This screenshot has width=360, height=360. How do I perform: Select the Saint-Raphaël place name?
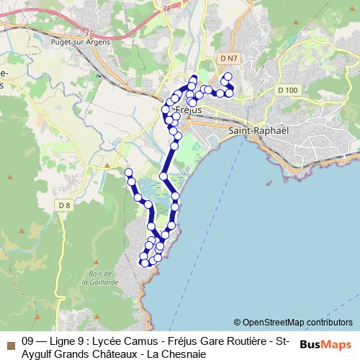click(x=258, y=131)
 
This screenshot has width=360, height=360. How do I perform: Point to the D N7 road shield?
click(x=229, y=57)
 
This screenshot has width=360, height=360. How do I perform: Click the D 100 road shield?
click(x=287, y=90)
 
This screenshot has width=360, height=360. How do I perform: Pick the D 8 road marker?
click(x=65, y=206)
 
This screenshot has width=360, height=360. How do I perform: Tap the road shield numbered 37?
click(x=89, y=32)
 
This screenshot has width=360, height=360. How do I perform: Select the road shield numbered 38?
click(x=167, y=7)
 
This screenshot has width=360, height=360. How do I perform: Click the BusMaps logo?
click(x=325, y=344)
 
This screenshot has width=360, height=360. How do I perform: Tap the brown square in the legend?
click(x=10, y=341)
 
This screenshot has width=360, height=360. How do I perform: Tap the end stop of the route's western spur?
click(x=129, y=172)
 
